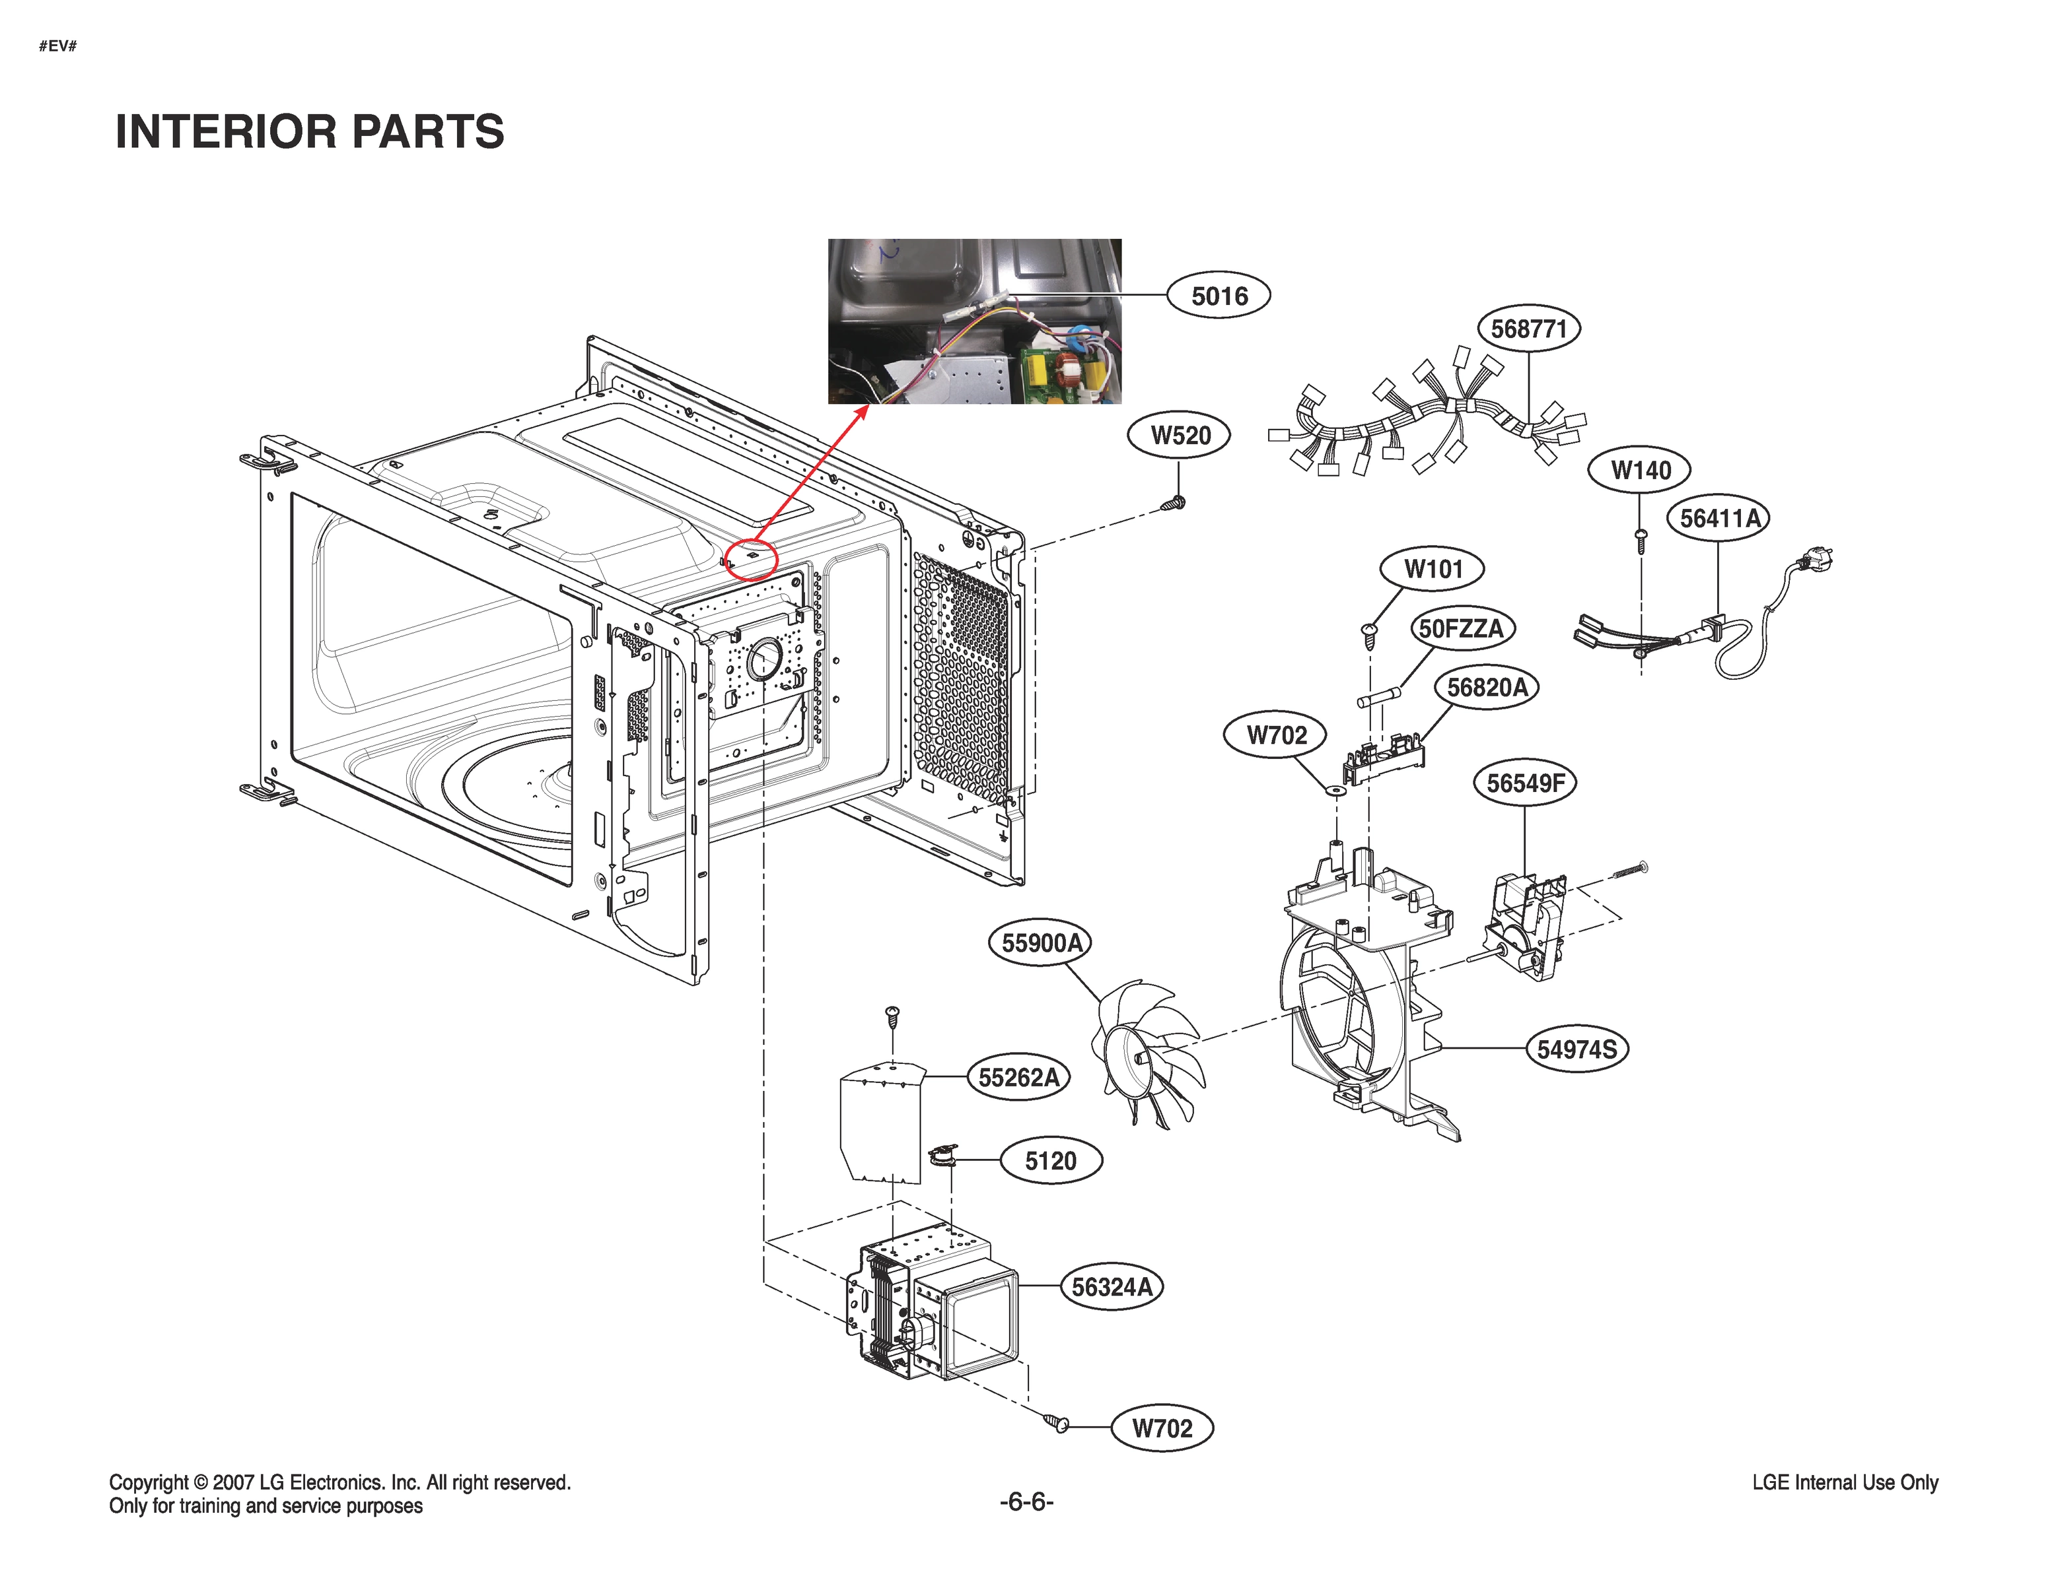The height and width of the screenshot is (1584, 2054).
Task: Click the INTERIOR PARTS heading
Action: pyautogui.click(x=309, y=131)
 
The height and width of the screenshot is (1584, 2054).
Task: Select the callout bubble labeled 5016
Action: pyautogui.click(x=1218, y=296)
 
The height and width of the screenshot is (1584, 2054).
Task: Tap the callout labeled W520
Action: pyautogui.click(x=1180, y=435)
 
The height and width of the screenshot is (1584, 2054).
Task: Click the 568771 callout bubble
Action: pyautogui.click(x=1529, y=329)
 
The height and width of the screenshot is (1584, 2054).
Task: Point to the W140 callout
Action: pyautogui.click(x=1639, y=470)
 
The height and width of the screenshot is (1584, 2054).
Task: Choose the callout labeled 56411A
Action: pyautogui.click(x=1718, y=518)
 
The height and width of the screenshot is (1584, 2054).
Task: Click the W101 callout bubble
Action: pyautogui.click(x=1433, y=569)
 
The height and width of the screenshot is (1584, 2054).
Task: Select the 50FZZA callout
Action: pyautogui.click(x=1460, y=628)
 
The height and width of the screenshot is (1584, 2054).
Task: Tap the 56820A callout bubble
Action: pyautogui.click(x=1486, y=687)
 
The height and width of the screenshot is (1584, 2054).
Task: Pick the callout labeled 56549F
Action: pyautogui.click(x=1524, y=782)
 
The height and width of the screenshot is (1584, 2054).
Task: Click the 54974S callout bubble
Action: pyautogui.click(x=1576, y=1049)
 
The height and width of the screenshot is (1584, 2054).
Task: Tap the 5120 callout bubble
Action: pyautogui.click(x=1049, y=1161)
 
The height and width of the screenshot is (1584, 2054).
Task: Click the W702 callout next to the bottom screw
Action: pyautogui.click(x=1162, y=1428)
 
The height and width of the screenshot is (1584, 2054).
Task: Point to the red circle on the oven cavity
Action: pyautogui.click(x=750, y=558)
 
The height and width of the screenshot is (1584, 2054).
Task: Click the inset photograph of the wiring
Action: pyautogui.click(x=974, y=321)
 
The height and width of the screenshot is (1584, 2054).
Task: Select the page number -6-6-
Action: pyautogui.click(x=1026, y=1501)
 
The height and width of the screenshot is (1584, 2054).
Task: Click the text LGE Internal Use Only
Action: pyautogui.click(x=1844, y=1482)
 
